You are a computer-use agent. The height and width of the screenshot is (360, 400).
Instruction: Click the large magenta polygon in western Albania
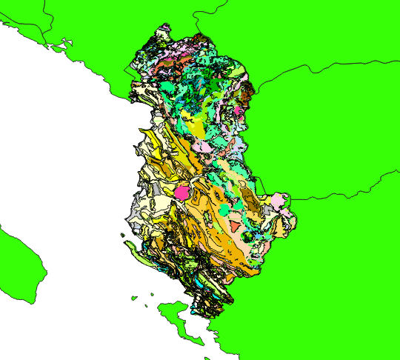(182, 192)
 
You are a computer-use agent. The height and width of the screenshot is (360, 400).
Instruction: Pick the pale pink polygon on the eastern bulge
(279, 201)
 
